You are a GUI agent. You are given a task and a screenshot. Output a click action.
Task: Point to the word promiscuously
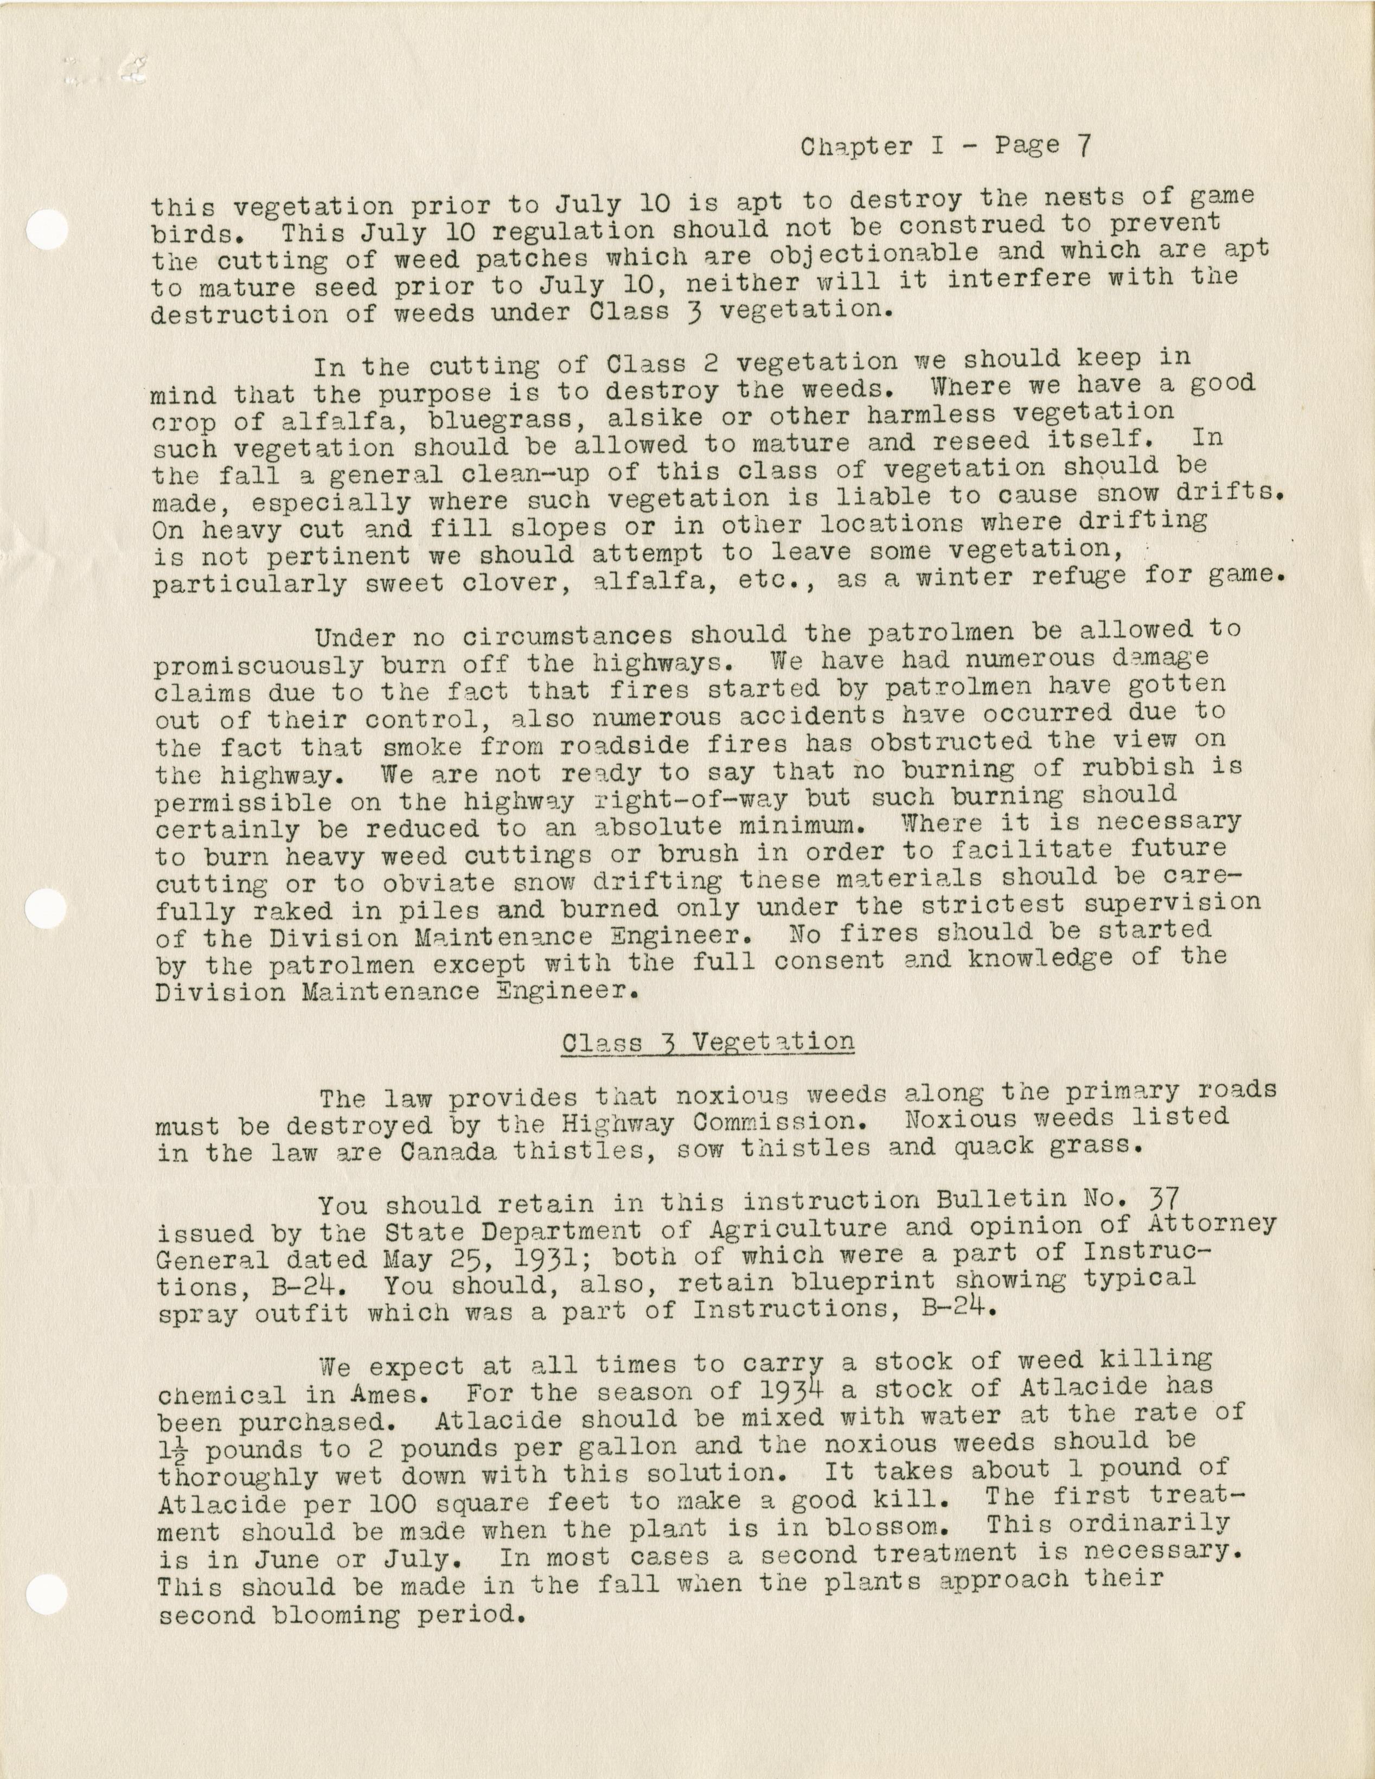pos(258,666)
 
